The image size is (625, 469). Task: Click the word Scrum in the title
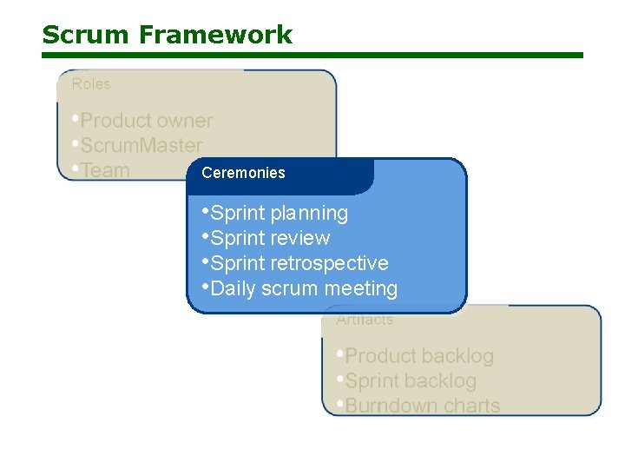(x=86, y=35)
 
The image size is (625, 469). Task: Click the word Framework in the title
(x=214, y=35)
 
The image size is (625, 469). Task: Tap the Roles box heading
(x=91, y=84)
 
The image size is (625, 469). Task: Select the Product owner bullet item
(x=146, y=121)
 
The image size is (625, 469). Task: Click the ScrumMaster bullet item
(x=141, y=145)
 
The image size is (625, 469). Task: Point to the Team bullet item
(x=104, y=170)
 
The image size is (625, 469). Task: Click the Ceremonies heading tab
(x=243, y=173)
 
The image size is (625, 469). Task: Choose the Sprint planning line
(x=279, y=213)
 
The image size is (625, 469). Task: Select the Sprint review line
(x=270, y=238)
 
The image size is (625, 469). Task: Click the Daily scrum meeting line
(x=304, y=288)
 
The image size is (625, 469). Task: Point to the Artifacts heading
(x=365, y=320)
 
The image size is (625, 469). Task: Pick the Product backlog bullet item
(x=418, y=356)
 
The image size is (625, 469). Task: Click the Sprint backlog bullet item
(x=411, y=380)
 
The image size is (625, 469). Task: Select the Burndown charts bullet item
(x=422, y=406)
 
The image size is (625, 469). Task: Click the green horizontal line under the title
(x=312, y=55)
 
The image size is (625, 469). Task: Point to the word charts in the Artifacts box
(x=471, y=406)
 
